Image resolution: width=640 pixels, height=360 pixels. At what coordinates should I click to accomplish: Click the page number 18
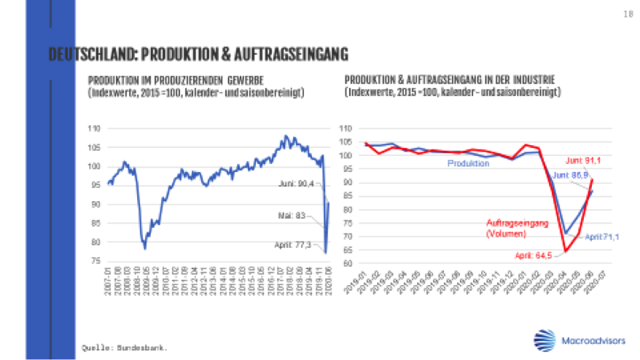(625, 14)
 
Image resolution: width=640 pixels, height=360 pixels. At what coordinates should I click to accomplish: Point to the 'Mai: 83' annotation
(297, 215)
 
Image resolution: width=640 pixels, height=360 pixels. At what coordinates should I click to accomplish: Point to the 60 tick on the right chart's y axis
(346, 263)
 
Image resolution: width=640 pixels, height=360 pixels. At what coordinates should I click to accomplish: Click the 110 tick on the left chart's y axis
(93, 128)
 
